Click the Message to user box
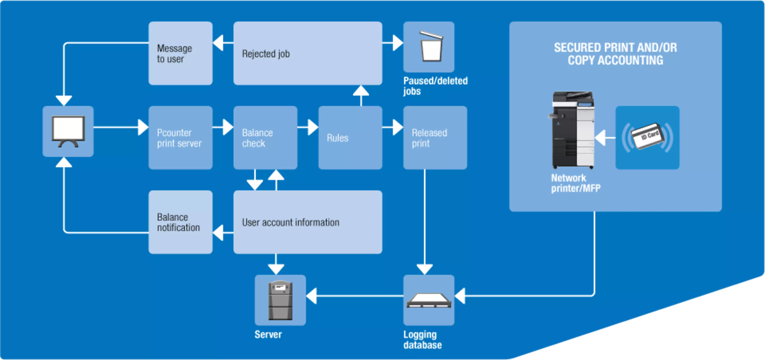click(180, 53)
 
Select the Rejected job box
click(307, 53)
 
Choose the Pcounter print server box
click(180, 138)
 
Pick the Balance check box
click(265, 138)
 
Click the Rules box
click(350, 138)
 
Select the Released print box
click(435, 138)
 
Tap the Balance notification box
click(180, 222)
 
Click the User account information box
click(307, 222)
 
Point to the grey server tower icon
click(280, 300)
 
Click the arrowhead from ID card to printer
click(600, 138)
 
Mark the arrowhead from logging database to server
click(312, 296)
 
